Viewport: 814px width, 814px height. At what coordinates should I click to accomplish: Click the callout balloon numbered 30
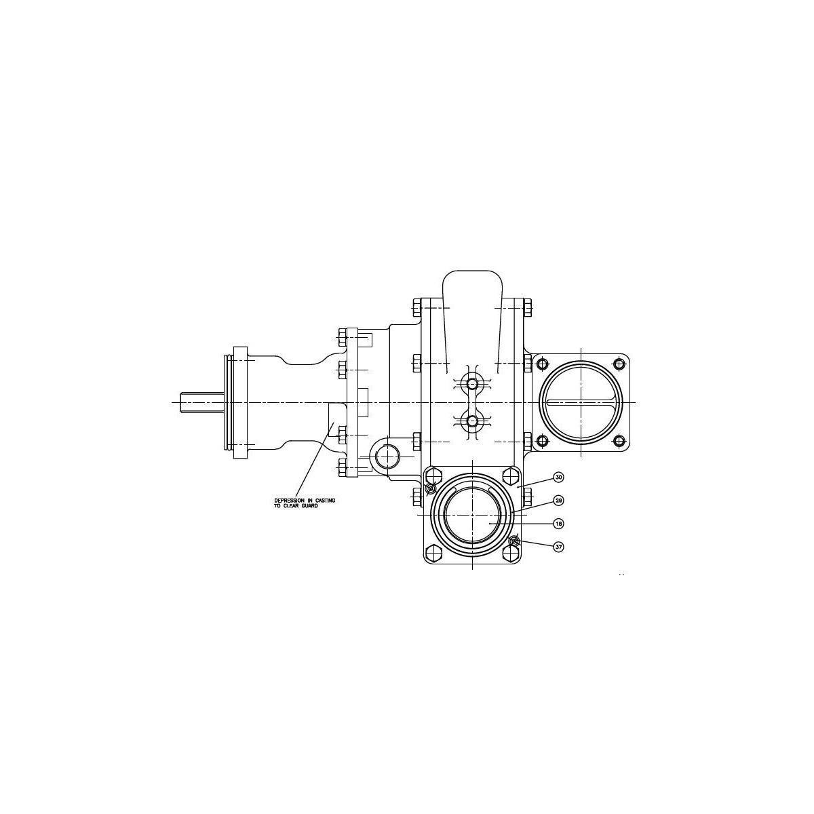[x=558, y=478]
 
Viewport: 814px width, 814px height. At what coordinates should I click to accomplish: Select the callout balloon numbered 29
[x=558, y=501]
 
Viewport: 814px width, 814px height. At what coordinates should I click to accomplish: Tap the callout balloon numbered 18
[x=558, y=524]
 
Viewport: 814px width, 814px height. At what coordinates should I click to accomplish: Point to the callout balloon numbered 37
[x=558, y=547]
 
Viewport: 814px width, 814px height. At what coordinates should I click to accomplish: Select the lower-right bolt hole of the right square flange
[x=619, y=442]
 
